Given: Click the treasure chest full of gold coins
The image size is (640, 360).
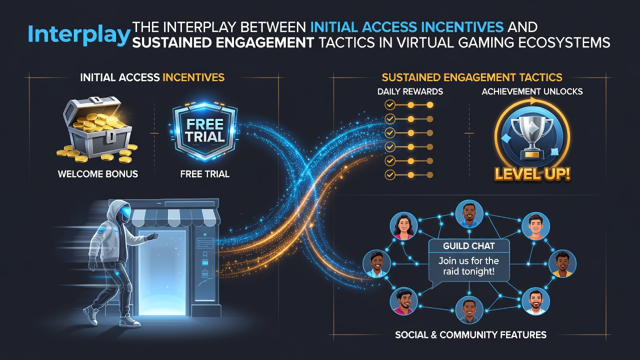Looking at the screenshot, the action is (97, 129).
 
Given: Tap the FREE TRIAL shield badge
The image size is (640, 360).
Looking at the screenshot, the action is (205, 132).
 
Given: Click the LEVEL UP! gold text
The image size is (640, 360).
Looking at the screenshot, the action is (532, 173).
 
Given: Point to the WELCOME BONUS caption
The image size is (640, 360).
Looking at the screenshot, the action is (97, 174).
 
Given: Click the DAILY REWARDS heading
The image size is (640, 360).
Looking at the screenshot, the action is (410, 91).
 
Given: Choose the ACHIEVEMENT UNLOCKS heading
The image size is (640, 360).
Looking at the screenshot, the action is (532, 91).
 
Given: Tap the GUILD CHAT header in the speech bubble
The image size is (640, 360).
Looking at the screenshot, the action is (468, 246).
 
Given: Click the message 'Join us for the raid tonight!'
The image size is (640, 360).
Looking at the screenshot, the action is (468, 266).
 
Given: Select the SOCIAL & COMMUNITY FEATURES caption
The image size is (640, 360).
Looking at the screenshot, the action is (470, 334).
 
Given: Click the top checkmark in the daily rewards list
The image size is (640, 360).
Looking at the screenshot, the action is (389, 105).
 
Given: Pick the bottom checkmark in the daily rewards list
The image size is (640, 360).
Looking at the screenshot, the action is (389, 174).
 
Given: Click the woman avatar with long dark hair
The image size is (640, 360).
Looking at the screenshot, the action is (403, 227).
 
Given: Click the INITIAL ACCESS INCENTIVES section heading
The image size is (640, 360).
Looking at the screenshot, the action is (152, 77).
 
